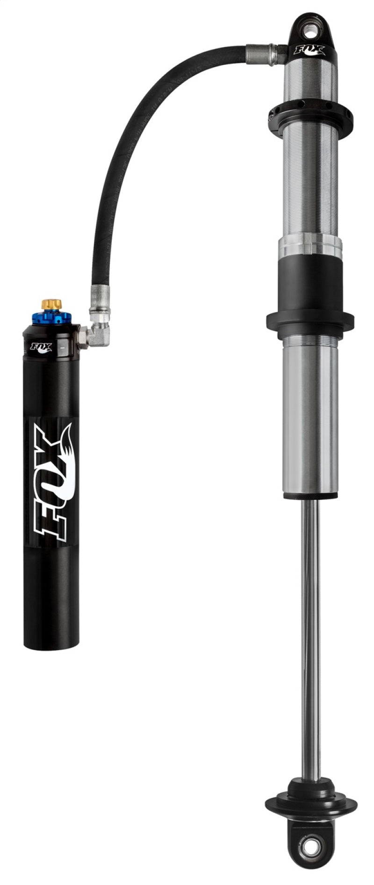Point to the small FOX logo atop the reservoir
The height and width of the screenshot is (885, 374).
39,347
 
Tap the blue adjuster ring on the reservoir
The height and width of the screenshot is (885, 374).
51,319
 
